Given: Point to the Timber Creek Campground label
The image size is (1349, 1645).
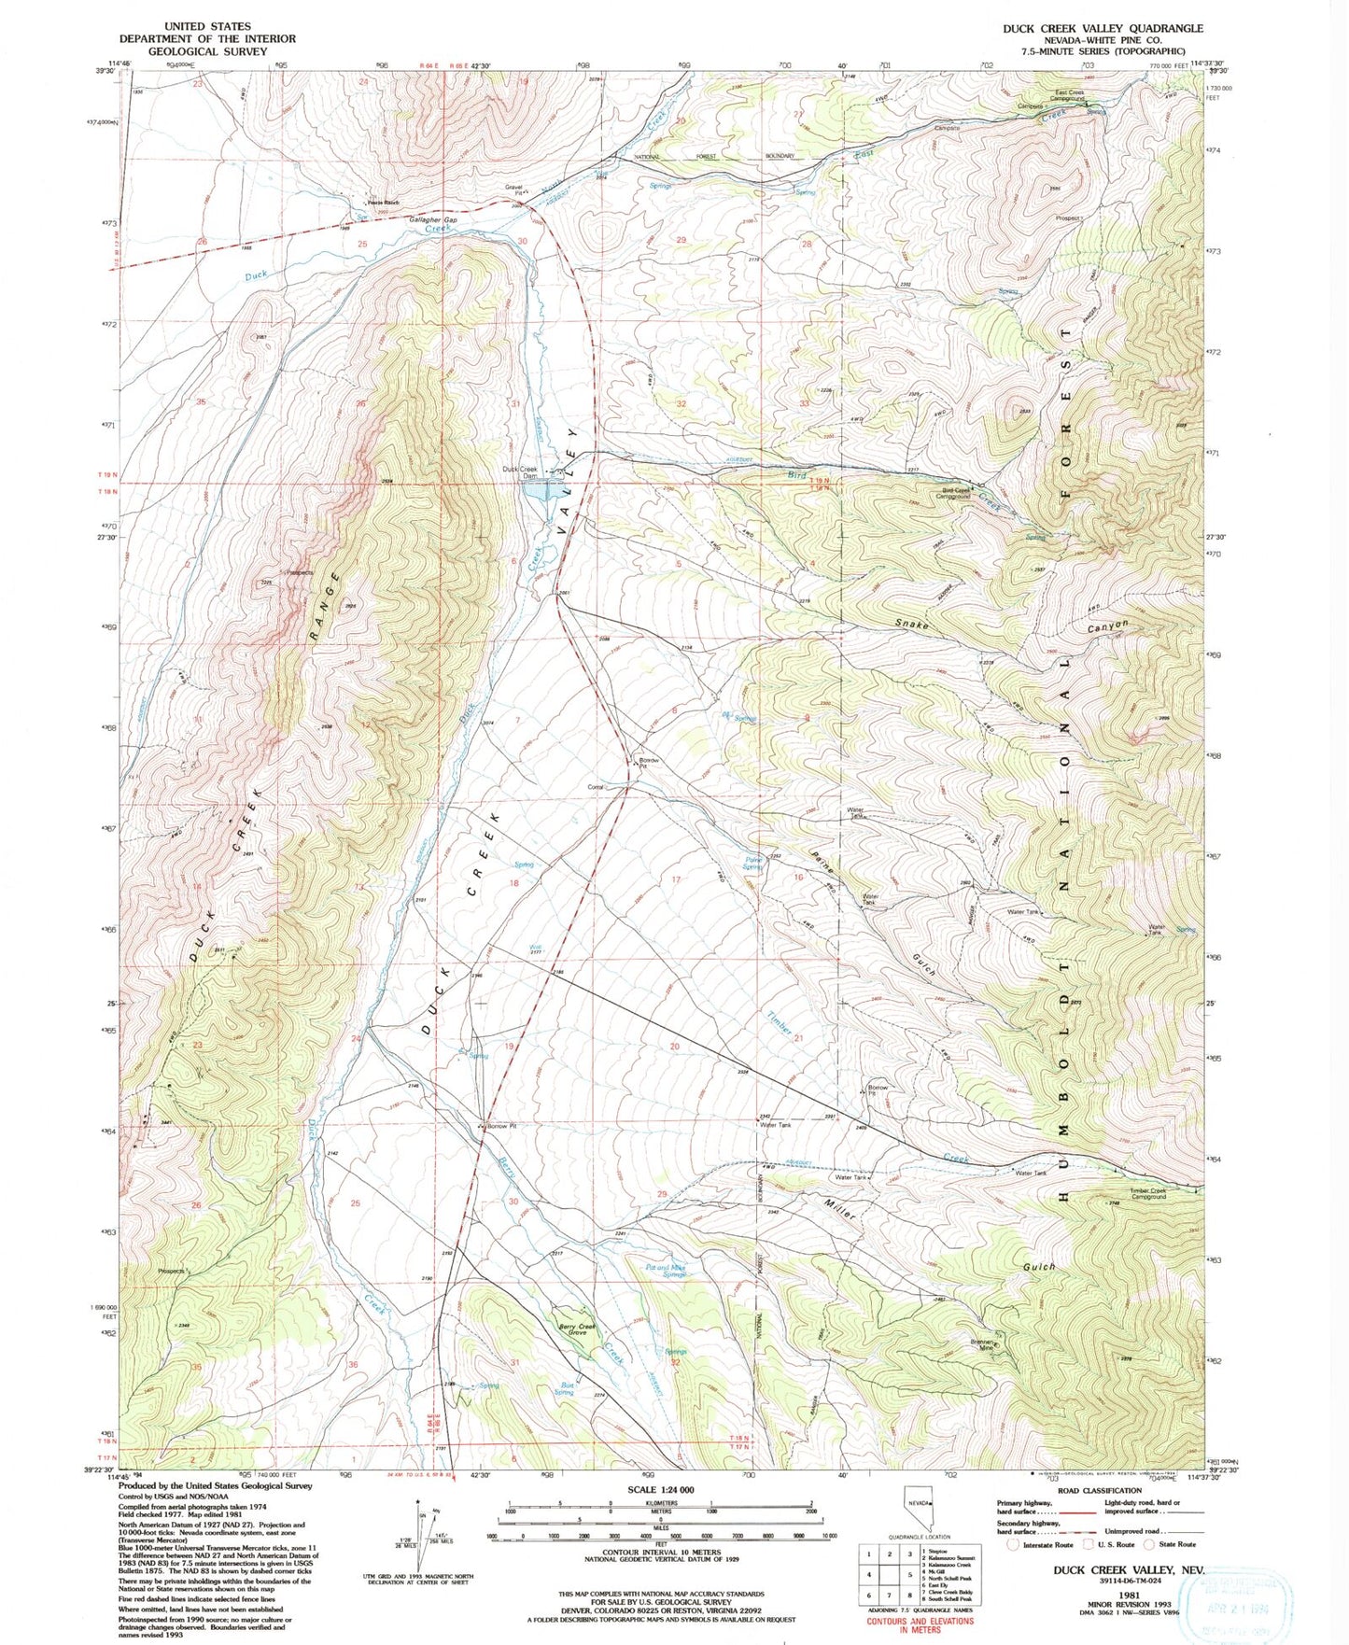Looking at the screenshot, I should (x=1148, y=1193).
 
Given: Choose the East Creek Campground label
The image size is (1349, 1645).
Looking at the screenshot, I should (x=1082, y=95).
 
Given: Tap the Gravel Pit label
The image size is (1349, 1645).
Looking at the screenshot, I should (x=513, y=190).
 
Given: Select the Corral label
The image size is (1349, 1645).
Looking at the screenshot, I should (x=596, y=787).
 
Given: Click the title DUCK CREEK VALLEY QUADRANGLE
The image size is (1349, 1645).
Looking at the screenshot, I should (x=1103, y=28).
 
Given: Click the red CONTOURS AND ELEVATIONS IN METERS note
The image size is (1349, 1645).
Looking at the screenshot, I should (x=920, y=1625).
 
